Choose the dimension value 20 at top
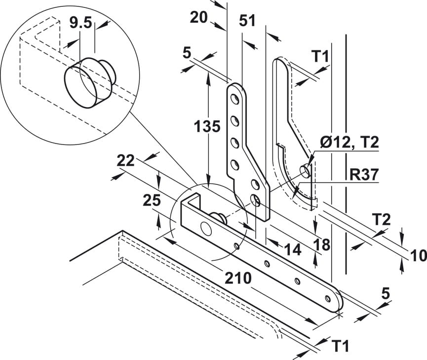click(x=199, y=17)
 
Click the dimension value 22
click(x=126, y=161)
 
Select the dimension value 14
click(x=292, y=250)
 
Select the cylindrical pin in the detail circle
click(x=88, y=80)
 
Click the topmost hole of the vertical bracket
click(x=236, y=99)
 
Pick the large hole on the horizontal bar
click(x=205, y=227)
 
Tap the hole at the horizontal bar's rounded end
click(x=327, y=298)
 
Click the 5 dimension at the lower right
click(x=386, y=293)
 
